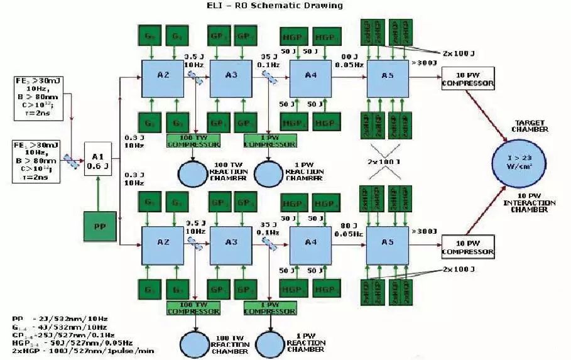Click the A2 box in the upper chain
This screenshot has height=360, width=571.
(162, 77)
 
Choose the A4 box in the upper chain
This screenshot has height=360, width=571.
(310, 77)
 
